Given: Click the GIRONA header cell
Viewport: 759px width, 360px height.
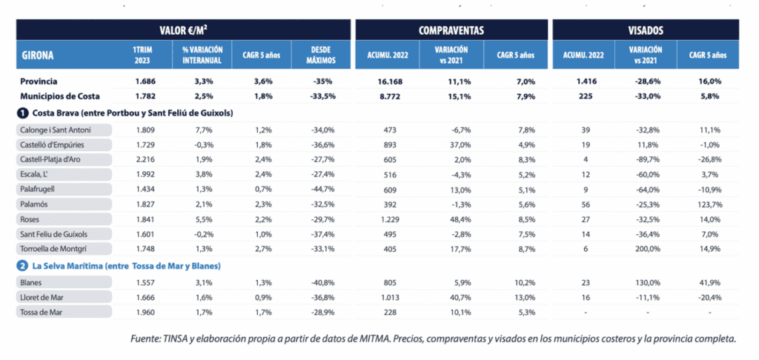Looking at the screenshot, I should tap(38, 54).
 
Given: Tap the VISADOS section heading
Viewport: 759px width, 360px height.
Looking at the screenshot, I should tap(645, 30).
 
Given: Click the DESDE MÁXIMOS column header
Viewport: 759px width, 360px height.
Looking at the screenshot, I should tap(321, 54).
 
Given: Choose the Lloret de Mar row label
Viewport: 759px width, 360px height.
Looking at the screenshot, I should tap(45, 297).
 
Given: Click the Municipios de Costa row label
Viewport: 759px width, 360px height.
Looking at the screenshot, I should tap(59, 96).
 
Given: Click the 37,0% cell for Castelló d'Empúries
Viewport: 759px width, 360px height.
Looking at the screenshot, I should tap(451, 144).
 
